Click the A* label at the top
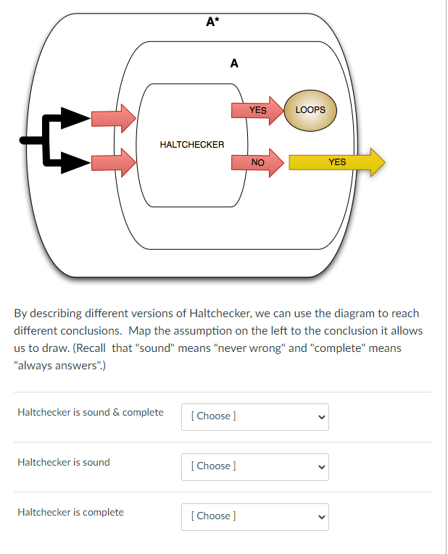point(212,21)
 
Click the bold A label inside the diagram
point(233,63)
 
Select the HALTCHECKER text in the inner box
point(192,145)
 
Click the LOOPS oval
point(311,110)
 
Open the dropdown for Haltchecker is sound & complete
point(254,416)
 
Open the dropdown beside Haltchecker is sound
point(254,466)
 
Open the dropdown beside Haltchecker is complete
point(254,516)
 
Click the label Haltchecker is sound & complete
point(90,412)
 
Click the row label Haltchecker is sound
point(64,462)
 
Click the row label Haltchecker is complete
point(70,512)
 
